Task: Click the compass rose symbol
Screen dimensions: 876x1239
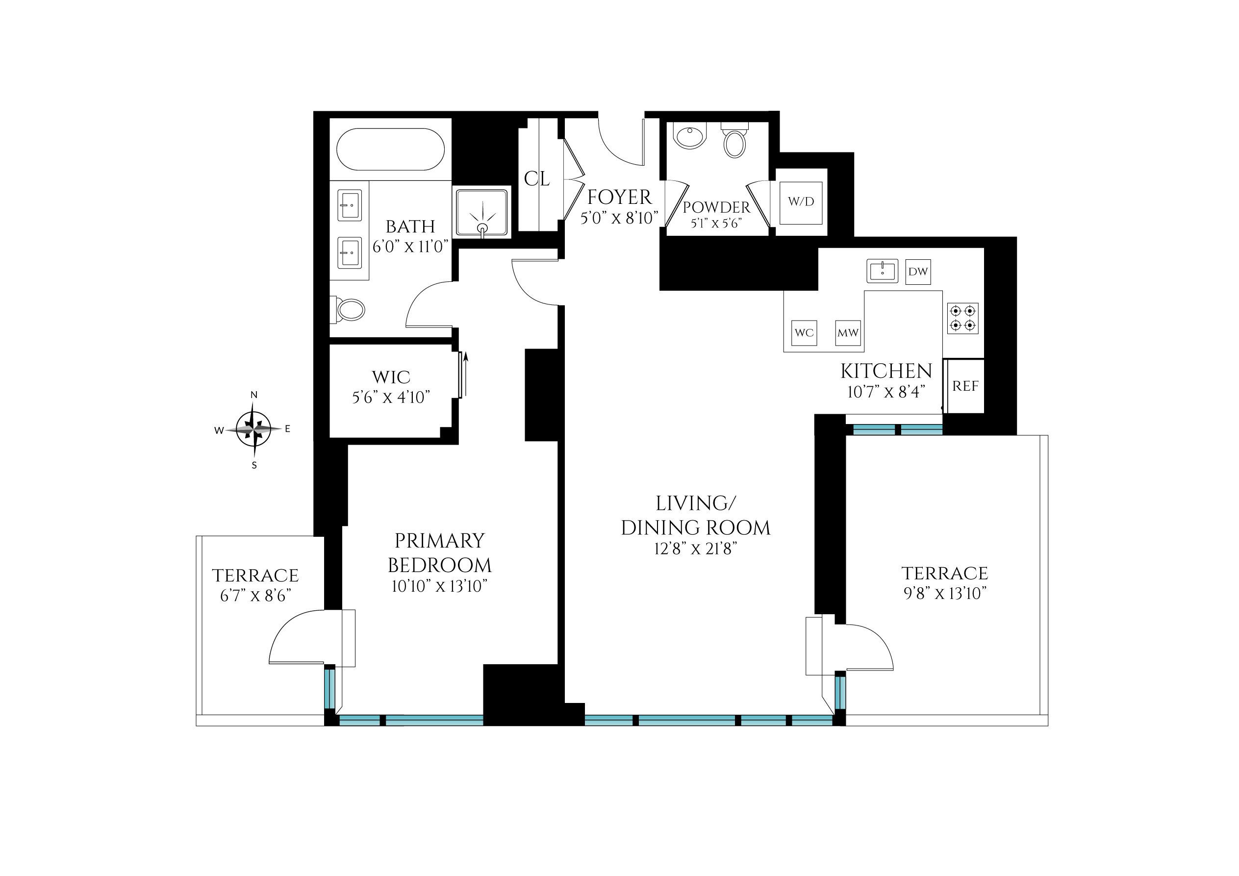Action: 253,429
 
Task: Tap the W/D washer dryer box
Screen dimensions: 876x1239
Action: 801,202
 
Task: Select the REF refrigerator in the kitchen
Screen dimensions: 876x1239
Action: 965,386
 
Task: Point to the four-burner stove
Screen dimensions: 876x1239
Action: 962,318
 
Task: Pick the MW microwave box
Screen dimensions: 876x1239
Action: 848,333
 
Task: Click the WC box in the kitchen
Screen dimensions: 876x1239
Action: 804,333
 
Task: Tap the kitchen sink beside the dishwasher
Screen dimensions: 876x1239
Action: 882,271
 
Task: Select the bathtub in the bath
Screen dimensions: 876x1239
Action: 390,150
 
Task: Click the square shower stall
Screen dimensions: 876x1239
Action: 482,212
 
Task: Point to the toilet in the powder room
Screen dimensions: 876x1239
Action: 734,142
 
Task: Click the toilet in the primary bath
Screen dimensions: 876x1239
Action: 350,310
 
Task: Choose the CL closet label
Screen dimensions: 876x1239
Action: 536,179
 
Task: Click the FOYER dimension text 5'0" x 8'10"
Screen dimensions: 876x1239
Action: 619,218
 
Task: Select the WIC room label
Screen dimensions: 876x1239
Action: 391,377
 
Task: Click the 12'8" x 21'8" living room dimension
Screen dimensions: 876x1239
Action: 696,549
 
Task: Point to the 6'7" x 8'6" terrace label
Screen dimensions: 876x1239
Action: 255,596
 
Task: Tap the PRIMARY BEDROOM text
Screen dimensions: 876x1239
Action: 439,553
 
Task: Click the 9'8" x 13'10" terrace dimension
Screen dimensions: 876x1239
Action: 944,593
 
